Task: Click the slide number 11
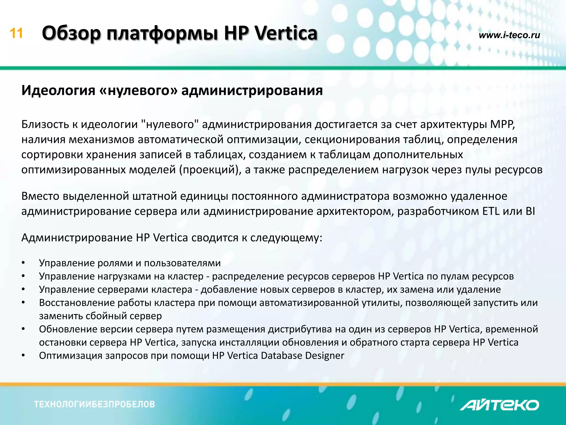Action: pyautogui.click(x=16, y=33)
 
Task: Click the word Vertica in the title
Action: pyautogui.click(x=286, y=33)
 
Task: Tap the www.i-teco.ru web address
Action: pyautogui.click(x=509, y=35)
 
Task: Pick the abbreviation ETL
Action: pyautogui.click(x=491, y=211)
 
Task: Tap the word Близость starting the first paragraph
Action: pyautogui.click(x=45, y=125)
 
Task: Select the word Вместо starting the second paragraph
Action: pyautogui.click(x=40, y=196)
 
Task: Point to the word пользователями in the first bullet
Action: pyautogui.click(x=182, y=263)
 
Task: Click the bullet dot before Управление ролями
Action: pyautogui.click(x=23, y=263)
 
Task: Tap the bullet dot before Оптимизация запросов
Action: pyautogui.click(x=23, y=356)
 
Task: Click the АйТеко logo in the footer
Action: pyautogui.click(x=499, y=405)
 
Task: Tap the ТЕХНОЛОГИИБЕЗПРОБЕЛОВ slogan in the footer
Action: pyautogui.click(x=95, y=404)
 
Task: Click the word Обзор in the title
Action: pyautogui.click(x=71, y=33)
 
